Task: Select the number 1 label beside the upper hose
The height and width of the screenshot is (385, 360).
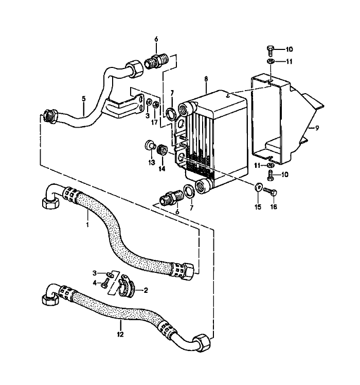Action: click(x=88, y=225)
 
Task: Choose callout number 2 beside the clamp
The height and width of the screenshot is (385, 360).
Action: click(x=146, y=290)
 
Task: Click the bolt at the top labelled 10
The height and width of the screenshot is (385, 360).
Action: click(x=271, y=50)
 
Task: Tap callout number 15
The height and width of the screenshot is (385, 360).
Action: click(x=258, y=207)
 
